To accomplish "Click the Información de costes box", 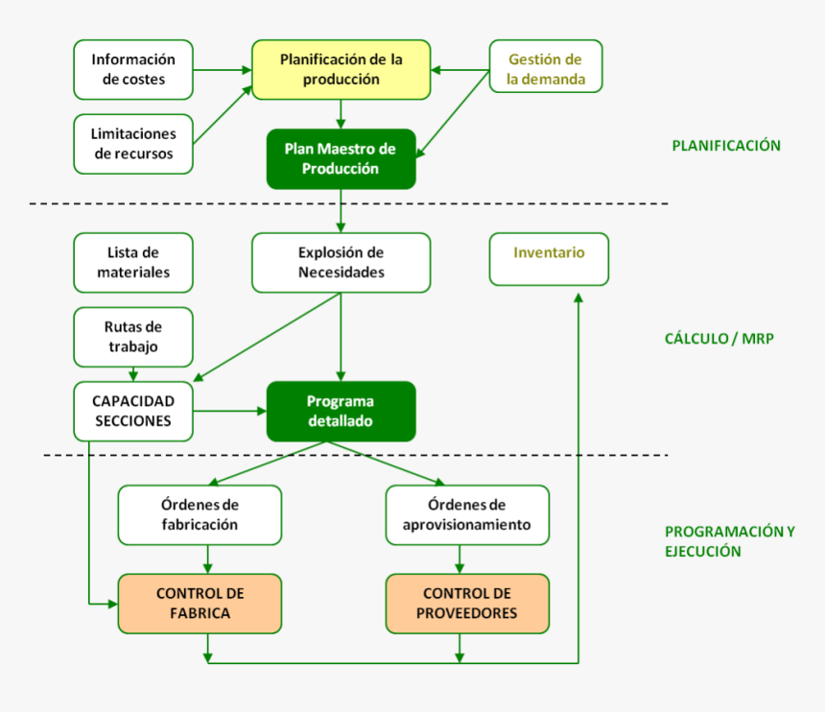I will pos(133,69).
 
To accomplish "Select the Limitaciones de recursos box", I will pos(133,144).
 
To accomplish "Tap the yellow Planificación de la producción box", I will pos(341,69).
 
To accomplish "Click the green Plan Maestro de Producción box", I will pos(341,158).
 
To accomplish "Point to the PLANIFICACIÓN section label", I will pos(725,146).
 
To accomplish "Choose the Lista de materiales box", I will pos(133,262).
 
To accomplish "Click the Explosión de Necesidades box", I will pos(341,262).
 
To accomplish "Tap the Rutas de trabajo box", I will pos(133,337).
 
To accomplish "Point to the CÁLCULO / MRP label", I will pos(719,339).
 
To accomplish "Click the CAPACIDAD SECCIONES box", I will pos(133,411).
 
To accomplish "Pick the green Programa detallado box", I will pos(341,411).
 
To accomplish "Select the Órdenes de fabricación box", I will pos(200,514).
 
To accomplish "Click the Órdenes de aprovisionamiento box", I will pos(467,514).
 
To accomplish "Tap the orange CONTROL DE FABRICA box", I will pos(200,603).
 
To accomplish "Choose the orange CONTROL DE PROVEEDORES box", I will pos(467,603).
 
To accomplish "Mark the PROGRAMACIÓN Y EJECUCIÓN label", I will pos(729,541).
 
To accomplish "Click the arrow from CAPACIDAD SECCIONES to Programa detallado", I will pos(228,411).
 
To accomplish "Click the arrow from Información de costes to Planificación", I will pos(222,69).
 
